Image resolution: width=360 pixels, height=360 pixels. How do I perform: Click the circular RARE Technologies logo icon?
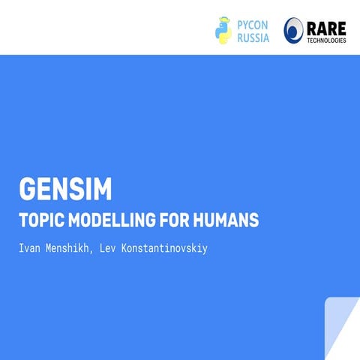coord(295,30)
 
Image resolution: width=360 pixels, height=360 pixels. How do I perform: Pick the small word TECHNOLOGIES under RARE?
coord(325,40)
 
